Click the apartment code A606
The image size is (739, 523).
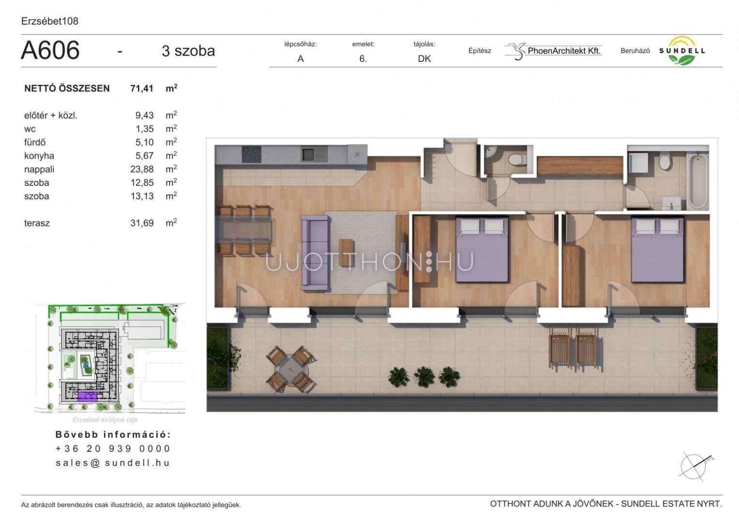[x=50, y=50]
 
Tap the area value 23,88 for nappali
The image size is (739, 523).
[x=142, y=169]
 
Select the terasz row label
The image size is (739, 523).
[x=37, y=223]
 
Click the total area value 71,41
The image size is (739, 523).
[x=142, y=88]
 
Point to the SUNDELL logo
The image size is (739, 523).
[x=681, y=50]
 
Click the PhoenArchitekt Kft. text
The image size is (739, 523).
[x=564, y=51]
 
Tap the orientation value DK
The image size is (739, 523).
[x=424, y=59]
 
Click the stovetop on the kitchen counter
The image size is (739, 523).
[x=252, y=154]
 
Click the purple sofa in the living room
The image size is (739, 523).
[x=315, y=253]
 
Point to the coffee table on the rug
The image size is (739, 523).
[x=346, y=252]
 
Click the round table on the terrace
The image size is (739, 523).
[x=290, y=369]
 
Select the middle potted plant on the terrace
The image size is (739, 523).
[x=424, y=377]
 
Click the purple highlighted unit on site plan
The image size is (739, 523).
[x=88, y=397]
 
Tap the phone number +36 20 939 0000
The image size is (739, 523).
[x=113, y=449]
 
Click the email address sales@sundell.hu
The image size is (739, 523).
[x=113, y=463]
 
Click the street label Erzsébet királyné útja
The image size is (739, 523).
[x=105, y=420]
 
